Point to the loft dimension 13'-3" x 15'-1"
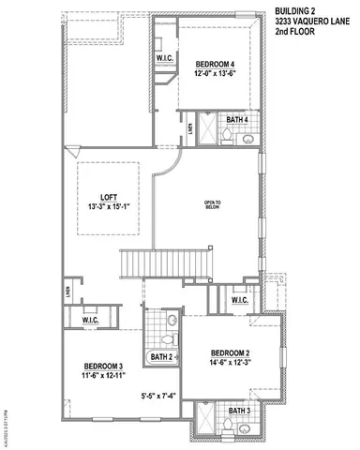coord(108,207)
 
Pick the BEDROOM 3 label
coord(103,366)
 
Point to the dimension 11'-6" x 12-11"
coord(103,376)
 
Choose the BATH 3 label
coord(239,411)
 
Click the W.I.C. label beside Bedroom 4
coord(164,57)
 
